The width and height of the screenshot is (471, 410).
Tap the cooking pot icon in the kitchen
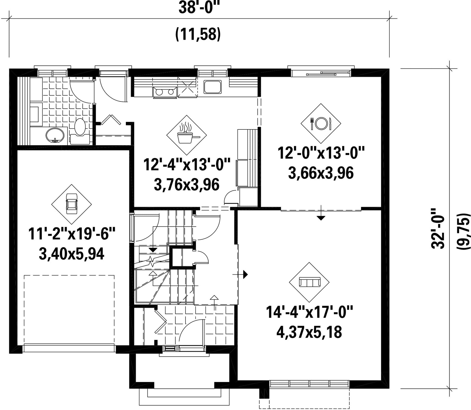(x=187, y=135)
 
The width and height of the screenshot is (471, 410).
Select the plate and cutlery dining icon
(x=321, y=123)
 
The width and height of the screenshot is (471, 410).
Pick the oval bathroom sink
(x=55, y=136)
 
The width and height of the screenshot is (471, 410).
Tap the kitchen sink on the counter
(x=213, y=87)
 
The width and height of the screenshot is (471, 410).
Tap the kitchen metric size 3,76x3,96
(x=187, y=185)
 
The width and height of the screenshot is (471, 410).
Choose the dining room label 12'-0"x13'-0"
(x=321, y=153)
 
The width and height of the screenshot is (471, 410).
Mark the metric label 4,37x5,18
(x=309, y=333)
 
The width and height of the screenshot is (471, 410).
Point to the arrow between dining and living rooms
(x=321, y=212)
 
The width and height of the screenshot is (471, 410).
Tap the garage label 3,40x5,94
(x=71, y=254)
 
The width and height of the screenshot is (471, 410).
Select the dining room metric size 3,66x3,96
(x=321, y=173)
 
